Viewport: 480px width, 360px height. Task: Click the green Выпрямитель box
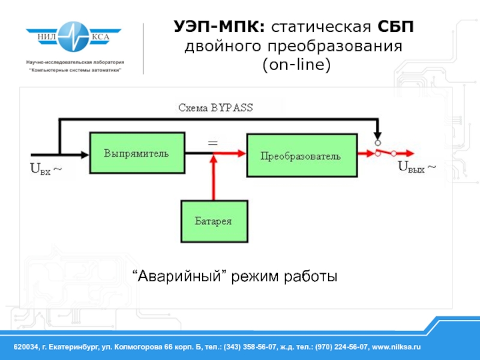pos(137,153)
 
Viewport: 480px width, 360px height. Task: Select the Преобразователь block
pos(302,155)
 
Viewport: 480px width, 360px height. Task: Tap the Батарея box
pos(214,221)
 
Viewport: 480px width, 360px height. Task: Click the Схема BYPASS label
pos(215,108)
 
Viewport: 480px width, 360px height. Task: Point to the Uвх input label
pos(46,169)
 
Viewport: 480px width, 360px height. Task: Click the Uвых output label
pos(416,167)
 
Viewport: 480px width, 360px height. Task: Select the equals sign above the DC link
pos(213,143)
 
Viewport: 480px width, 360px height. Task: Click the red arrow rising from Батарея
pos(214,178)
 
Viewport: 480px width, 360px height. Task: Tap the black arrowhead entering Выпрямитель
pos(85,155)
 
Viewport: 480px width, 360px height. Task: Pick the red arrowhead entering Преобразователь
pos(242,154)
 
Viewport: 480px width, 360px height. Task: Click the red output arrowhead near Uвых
pos(410,153)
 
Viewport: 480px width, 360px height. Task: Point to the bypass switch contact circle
pos(378,143)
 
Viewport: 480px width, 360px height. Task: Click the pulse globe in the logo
pos(73,37)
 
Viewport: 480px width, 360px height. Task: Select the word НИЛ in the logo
pos(47,37)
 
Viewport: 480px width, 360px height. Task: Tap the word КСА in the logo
pos(100,37)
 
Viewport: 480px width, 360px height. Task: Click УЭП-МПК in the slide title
pos(220,26)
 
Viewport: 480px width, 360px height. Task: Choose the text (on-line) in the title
pos(296,65)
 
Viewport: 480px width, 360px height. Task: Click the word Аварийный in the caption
pos(179,277)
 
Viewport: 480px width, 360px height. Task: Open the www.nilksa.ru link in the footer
pos(396,347)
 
